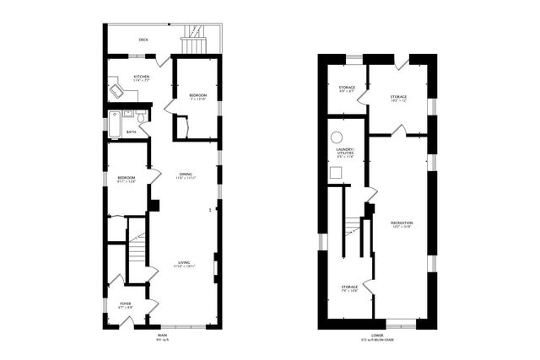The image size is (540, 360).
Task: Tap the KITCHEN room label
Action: pyautogui.click(x=141, y=78)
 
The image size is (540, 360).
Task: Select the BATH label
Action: pyautogui.click(x=131, y=132)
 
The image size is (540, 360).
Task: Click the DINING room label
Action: pyautogui.click(x=185, y=175)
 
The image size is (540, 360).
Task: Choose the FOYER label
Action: pyautogui.click(x=125, y=304)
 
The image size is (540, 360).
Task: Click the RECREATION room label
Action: pyautogui.click(x=401, y=223)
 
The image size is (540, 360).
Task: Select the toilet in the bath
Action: pyautogui.click(x=143, y=128)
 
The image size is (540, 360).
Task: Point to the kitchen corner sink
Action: pyautogui.click(x=114, y=89)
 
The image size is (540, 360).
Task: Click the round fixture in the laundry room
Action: pyautogui.click(x=337, y=137)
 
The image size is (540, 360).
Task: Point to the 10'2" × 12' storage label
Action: pyautogui.click(x=398, y=99)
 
